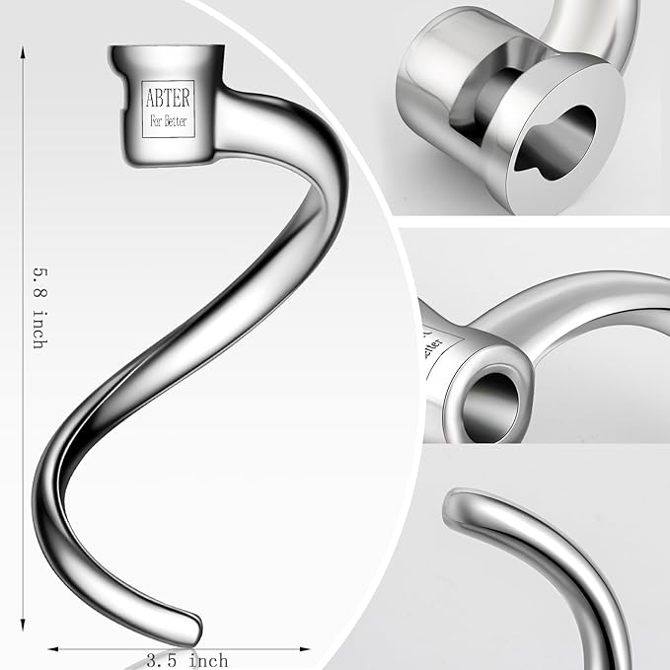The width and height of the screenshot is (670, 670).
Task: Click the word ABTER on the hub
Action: [169, 99]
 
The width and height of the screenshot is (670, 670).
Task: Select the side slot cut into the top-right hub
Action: [484, 99]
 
